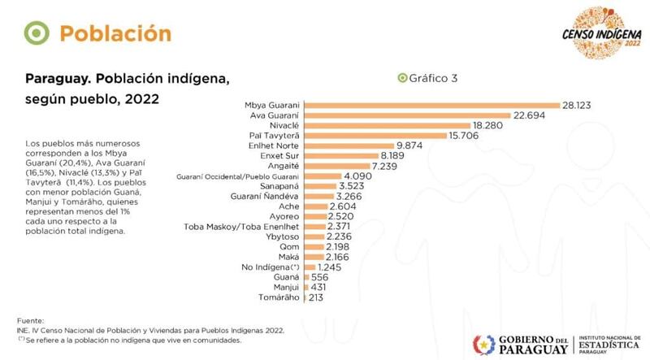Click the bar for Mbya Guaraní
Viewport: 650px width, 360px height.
pos(431,106)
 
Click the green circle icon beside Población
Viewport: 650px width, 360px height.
pos(35,33)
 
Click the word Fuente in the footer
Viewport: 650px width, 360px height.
pos(29,321)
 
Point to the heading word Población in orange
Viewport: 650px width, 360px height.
pos(115,33)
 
